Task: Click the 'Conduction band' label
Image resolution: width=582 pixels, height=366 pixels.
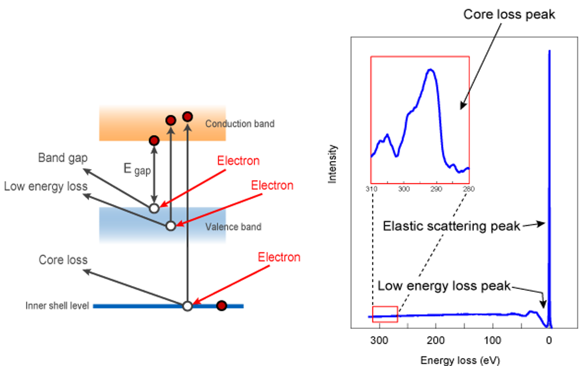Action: (x=240, y=123)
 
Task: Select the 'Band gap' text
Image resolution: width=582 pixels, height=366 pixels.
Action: (x=63, y=158)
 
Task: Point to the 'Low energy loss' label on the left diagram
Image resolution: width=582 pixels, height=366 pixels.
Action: (x=45, y=186)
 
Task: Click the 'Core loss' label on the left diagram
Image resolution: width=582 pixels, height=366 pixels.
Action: (x=63, y=260)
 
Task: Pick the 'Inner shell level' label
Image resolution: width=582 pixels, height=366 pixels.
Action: (x=57, y=306)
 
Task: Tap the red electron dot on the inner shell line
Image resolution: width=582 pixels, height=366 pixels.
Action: (x=222, y=306)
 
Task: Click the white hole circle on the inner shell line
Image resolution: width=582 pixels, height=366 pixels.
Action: (x=188, y=306)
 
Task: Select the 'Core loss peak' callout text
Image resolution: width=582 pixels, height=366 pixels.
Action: (x=509, y=15)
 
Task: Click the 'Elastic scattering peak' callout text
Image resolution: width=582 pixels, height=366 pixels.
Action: (x=451, y=226)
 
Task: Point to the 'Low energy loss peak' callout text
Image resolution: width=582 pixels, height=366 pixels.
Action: (x=444, y=285)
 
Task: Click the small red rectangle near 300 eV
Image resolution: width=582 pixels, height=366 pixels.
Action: (x=385, y=314)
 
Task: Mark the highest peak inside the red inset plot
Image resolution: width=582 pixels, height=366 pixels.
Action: (x=431, y=70)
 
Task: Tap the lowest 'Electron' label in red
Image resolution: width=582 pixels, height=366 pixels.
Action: (x=279, y=257)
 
